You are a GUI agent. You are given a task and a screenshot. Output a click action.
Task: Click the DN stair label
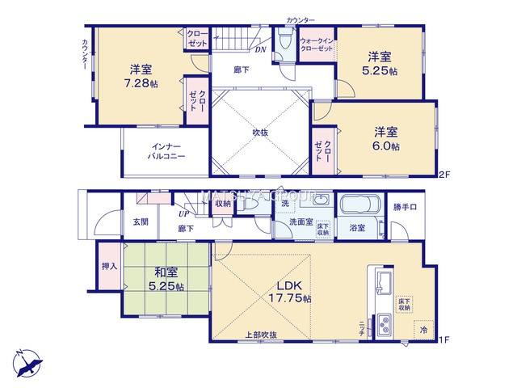pyautogui.click(x=260, y=50)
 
